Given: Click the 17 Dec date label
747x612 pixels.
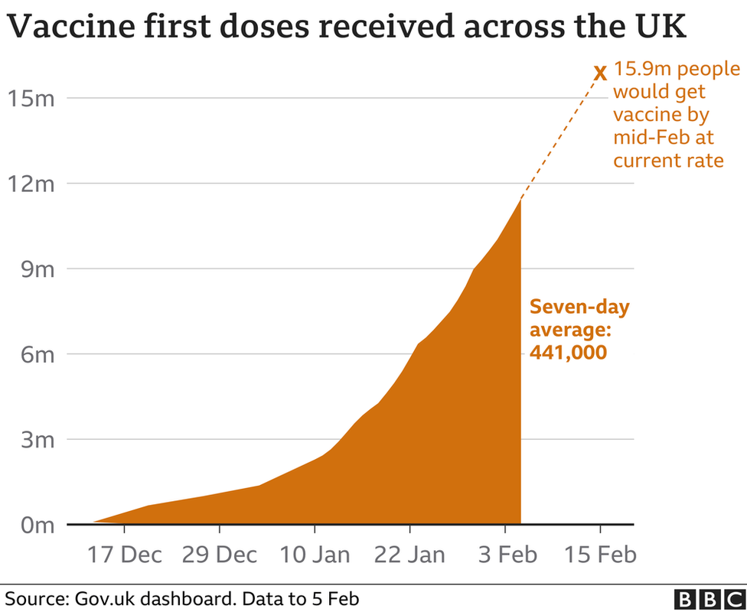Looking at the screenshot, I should pyautogui.click(x=124, y=554).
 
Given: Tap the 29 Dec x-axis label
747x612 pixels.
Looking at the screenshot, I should pyautogui.click(x=219, y=554).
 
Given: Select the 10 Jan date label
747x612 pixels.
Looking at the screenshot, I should pyautogui.click(x=314, y=554).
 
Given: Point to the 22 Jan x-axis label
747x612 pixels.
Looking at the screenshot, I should pyautogui.click(x=409, y=554).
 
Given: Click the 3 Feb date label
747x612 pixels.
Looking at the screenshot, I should pyautogui.click(x=504, y=554).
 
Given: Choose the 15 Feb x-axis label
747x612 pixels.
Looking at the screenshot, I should pyautogui.click(x=600, y=554).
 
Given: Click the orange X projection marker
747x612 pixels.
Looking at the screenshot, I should pyautogui.click(x=600, y=73).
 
